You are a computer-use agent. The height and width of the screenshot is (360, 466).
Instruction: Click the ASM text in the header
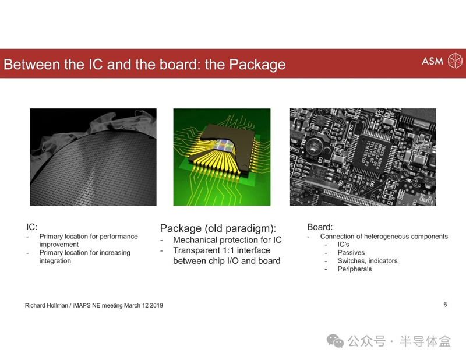click(x=432, y=61)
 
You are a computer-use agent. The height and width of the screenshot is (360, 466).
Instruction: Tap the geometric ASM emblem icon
click(x=455, y=61)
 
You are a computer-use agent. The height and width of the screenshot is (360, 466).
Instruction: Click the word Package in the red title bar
click(x=257, y=65)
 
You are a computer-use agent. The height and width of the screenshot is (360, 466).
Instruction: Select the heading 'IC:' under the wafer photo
click(x=32, y=227)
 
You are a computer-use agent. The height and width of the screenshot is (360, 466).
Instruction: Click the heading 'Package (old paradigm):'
click(x=218, y=228)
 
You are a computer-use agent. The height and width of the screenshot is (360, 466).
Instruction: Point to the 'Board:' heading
click(x=320, y=227)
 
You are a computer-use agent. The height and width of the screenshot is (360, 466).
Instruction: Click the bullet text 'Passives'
click(x=351, y=253)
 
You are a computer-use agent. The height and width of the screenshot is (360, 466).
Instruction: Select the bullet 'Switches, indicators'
click(x=368, y=261)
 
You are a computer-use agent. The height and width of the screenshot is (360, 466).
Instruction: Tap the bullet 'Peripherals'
click(x=355, y=269)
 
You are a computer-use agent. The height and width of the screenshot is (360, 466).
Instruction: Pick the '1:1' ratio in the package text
click(x=228, y=250)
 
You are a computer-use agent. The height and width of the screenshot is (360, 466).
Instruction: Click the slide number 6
click(x=445, y=305)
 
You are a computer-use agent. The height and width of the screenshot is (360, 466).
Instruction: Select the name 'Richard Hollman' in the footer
click(x=47, y=306)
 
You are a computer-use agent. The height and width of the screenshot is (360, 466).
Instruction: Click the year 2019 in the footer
click(x=156, y=306)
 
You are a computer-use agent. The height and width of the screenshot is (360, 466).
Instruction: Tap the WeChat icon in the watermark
click(x=336, y=341)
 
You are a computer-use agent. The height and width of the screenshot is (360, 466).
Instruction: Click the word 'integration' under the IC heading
click(x=55, y=261)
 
